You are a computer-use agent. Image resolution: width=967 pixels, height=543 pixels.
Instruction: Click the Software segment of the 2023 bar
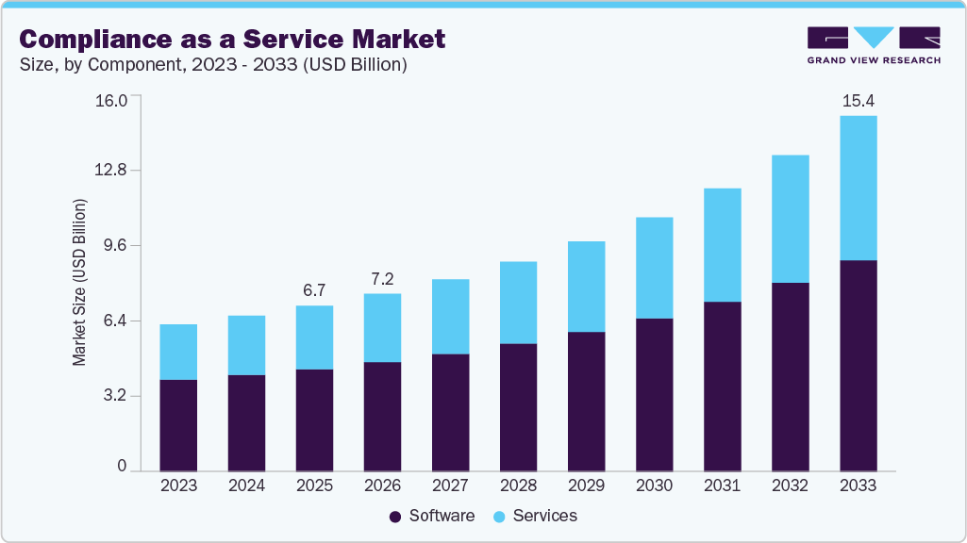(178, 425)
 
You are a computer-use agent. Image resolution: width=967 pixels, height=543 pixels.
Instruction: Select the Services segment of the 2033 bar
(858, 188)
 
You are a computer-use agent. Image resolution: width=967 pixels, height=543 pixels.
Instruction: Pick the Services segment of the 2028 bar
(518, 303)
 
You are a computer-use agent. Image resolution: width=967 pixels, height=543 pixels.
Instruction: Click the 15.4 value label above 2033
(858, 100)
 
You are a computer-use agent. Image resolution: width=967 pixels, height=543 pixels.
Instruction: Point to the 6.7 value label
(314, 289)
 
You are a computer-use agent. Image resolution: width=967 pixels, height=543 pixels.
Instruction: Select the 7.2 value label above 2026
(382, 278)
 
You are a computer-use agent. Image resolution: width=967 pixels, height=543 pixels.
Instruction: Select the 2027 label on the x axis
(450, 485)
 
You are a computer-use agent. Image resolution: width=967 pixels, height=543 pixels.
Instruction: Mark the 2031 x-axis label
(722, 485)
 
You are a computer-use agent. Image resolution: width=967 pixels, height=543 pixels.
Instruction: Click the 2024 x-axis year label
(246, 485)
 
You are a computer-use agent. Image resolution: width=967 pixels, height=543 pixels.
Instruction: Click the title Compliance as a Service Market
(232, 39)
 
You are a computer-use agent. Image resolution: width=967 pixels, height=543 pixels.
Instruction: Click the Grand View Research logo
(873, 44)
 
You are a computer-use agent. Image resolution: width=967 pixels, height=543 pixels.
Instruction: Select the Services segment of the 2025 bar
(314, 337)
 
